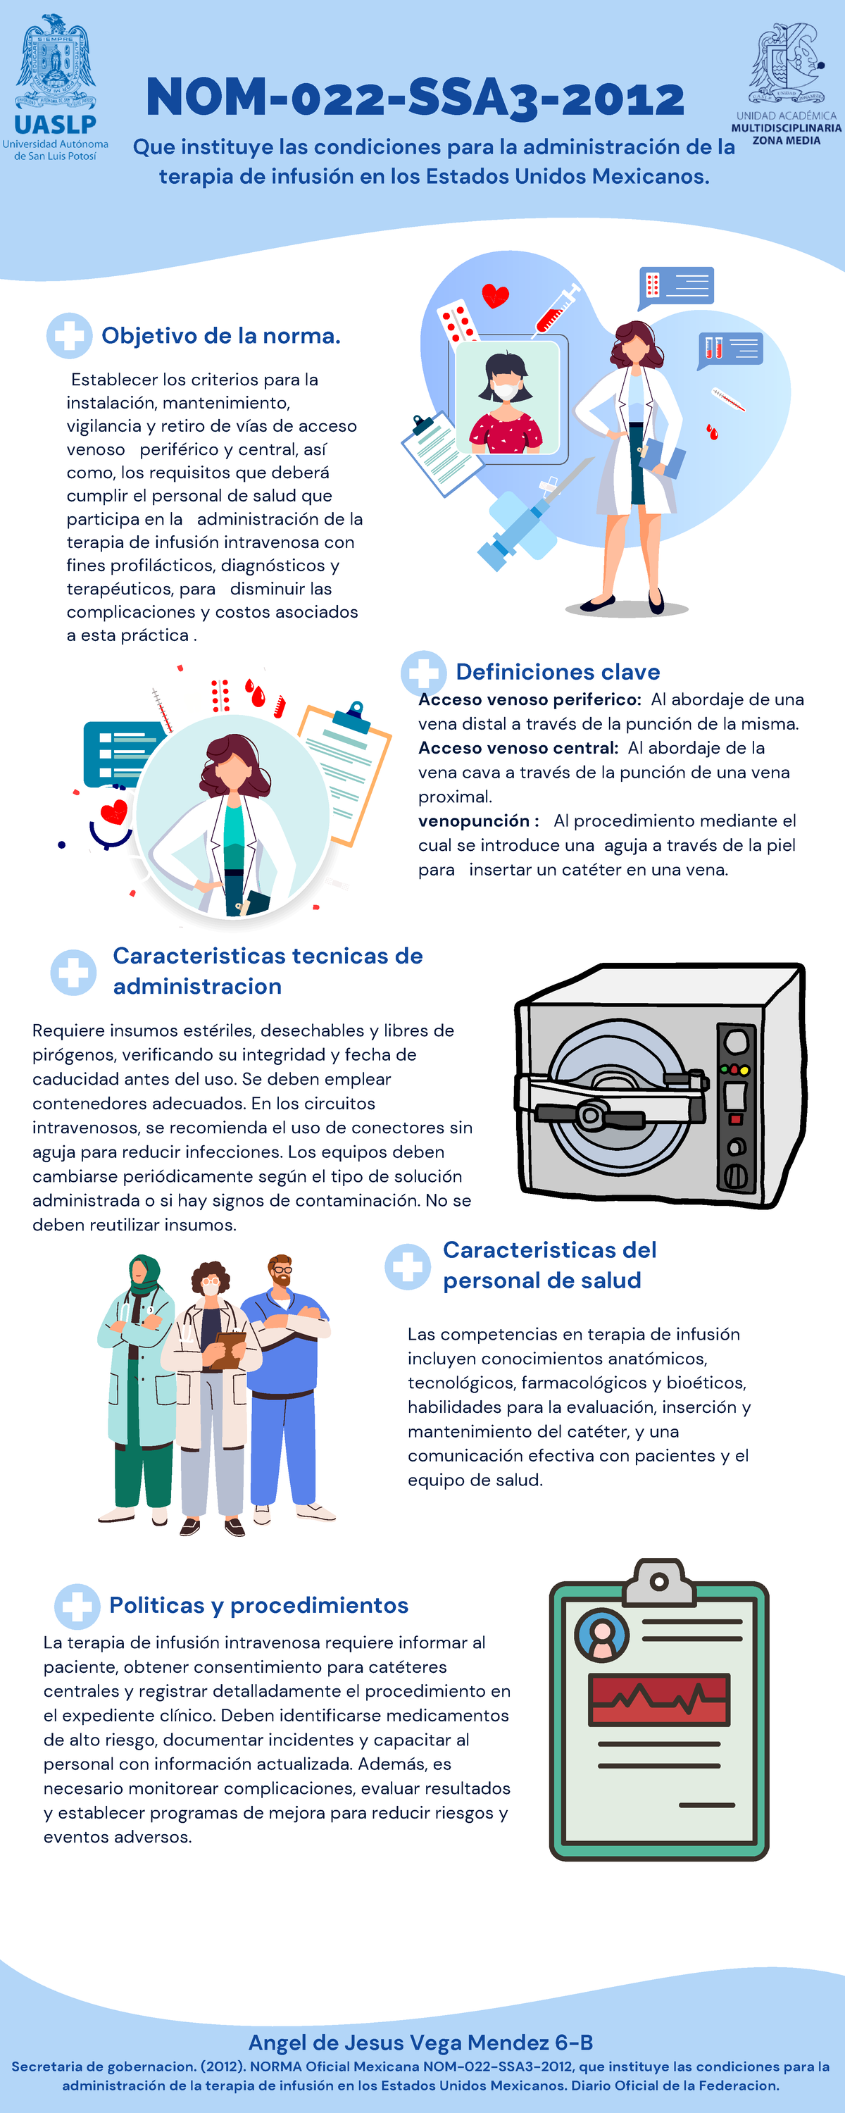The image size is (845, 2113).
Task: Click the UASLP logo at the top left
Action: pyautogui.click(x=55, y=86)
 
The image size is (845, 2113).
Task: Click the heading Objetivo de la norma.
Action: pyautogui.click(x=220, y=335)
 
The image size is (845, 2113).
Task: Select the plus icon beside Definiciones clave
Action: pyautogui.click(x=423, y=673)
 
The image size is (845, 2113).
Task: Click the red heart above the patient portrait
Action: pyautogui.click(x=495, y=294)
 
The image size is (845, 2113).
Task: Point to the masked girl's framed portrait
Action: pyautogui.click(x=507, y=398)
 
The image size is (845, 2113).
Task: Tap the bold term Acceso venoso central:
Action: pyautogui.click(x=518, y=748)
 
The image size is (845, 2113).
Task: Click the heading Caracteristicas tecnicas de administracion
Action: pyautogui.click(x=268, y=971)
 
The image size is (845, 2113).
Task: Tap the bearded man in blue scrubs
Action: pyautogui.click(x=284, y=1386)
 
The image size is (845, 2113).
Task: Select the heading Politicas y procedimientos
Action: pyautogui.click(x=258, y=1605)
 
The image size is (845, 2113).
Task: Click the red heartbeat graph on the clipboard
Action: pyautogui.click(x=659, y=1700)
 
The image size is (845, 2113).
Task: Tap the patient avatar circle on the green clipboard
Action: pyautogui.click(x=601, y=1635)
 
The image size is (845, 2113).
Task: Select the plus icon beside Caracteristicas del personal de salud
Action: pyautogui.click(x=408, y=1266)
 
